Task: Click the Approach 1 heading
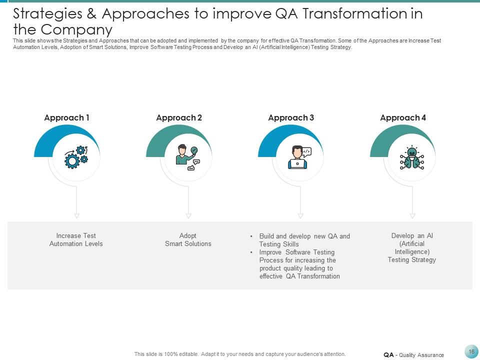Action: pos(66,118)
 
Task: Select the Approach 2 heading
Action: pos(179,118)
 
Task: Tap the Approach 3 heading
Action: pos(291,118)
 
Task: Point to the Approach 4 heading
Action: pos(403,118)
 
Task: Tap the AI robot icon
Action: pos(412,158)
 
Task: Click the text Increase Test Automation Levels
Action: pos(76,239)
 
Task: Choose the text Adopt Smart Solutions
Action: pos(188,239)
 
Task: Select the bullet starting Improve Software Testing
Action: pos(299,264)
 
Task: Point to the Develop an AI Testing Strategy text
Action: pos(412,247)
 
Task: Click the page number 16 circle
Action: pos(471,351)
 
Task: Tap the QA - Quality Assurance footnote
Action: pos(413,355)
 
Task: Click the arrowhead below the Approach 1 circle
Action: pos(76,216)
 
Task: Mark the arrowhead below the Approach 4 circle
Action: pos(412,216)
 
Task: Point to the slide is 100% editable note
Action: pos(239,354)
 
